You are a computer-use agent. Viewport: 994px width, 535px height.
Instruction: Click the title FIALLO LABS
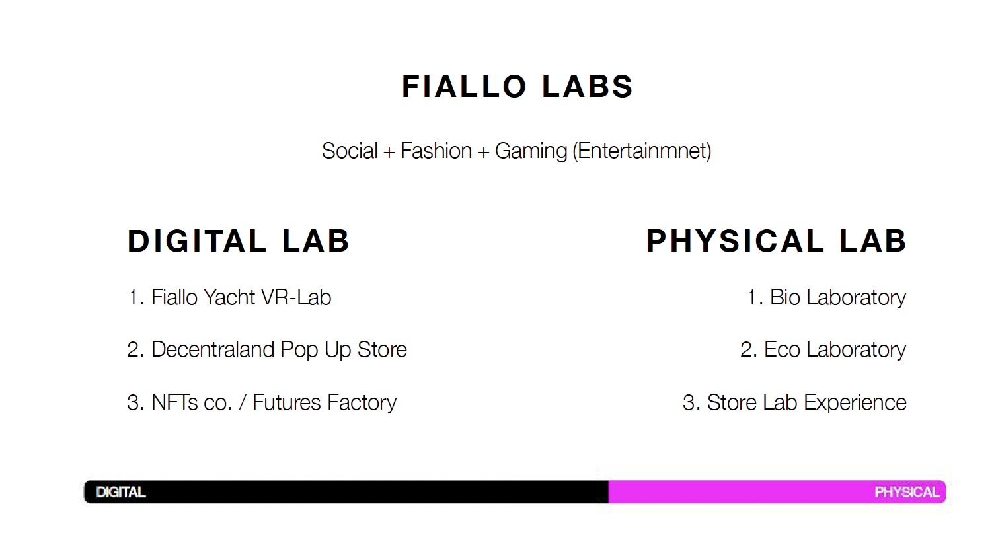[517, 87]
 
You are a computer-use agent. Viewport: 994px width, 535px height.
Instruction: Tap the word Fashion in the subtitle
[436, 151]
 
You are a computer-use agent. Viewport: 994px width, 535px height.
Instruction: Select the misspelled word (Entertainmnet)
[642, 151]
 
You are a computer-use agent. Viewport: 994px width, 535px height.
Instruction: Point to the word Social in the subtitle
[350, 151]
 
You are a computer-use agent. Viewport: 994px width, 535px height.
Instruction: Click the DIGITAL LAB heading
[239, 241]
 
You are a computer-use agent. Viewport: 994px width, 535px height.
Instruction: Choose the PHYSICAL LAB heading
[776, 241]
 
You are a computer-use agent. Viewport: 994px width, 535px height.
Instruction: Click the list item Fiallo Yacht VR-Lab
[229, 297]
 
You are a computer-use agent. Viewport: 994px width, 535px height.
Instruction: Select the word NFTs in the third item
[176, 402]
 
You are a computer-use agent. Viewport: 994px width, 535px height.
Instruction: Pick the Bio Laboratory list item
[826, 298]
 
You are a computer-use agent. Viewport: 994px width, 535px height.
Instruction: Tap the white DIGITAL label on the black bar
[121, 493]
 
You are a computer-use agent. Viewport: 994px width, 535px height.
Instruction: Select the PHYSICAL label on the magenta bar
[907, 493]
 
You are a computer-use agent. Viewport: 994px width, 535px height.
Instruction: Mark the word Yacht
[229, 297]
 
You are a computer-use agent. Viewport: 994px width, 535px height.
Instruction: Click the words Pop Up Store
[344, 351]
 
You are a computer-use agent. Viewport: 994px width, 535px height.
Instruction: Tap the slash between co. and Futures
[243, 402]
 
